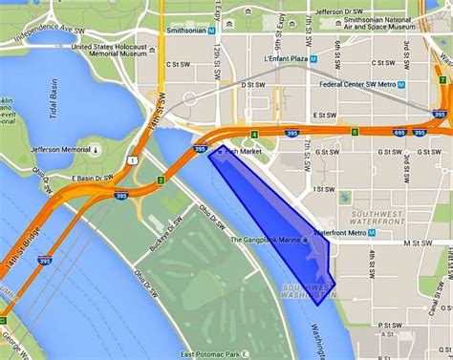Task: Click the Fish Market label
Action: pyautogui.click(x=245, y=152)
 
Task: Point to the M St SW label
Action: pyautogui.click(x=417, y=243)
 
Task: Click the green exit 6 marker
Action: pyautogui.click(x=354, y=131)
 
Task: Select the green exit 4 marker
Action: pyautogui.click(x=254, y=134)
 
